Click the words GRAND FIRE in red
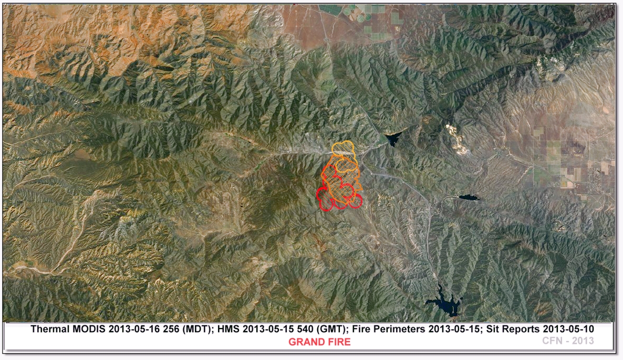click(x=319, y=342)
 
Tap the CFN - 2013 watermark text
click(x=568, y=341)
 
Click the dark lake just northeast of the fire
click(x=394, y=138)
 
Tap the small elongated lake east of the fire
click(x=469, y=198)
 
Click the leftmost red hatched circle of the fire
click(x=326, y=200)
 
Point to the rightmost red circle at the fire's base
click(x=356, y=201)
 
